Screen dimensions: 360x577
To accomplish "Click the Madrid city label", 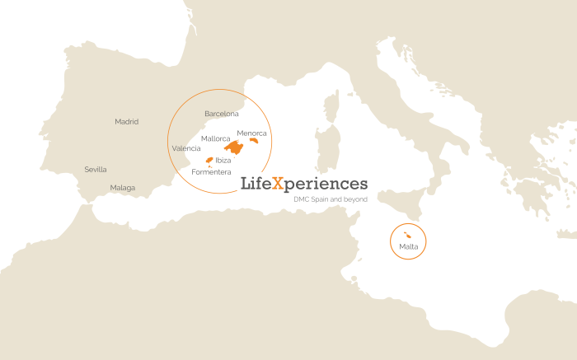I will click(127, 122).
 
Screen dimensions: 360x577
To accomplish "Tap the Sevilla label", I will click(96, 170).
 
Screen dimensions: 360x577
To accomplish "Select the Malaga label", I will click(123, 188).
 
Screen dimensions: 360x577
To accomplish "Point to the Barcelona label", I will click(222, 114).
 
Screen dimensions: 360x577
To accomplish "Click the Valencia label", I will click(185, 148).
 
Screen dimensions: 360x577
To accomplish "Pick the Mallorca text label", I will click(216, 138).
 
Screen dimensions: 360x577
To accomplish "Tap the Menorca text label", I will click(252, 133).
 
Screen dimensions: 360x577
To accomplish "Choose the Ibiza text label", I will click(223, 160).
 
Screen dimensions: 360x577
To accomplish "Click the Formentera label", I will click(211, 171).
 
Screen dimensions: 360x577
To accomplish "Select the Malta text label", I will click(408, 247).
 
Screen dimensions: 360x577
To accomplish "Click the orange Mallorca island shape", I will click(235, 148).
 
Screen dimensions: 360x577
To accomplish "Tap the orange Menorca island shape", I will click(254, 141).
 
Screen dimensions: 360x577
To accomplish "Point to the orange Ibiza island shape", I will click(209, 160).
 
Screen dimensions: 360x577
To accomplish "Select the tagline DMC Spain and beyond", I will click(331, 199).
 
